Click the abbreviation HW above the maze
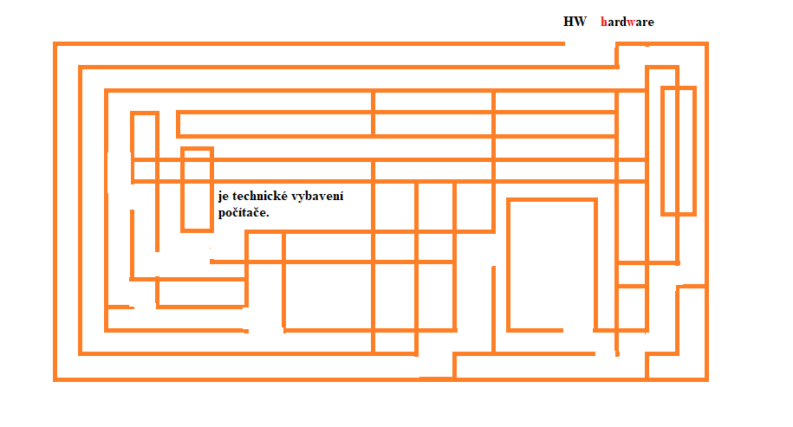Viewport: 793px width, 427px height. [x=575, y=22]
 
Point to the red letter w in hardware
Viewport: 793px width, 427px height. [x=632, y=22]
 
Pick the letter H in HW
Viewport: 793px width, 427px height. [x=569, y=22]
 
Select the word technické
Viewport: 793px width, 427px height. [x=262, y=196]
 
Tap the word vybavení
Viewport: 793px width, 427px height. [x=320, y=197]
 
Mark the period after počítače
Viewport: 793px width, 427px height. [x=268, y=215]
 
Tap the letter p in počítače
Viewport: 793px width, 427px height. [x=223, y=213]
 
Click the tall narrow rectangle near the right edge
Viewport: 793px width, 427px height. [x=678, y=150]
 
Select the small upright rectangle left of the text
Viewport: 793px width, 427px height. [x=197, y=190]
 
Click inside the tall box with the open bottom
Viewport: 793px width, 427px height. [x=551, y=264]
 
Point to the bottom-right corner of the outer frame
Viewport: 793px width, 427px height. [x=705, y=378]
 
